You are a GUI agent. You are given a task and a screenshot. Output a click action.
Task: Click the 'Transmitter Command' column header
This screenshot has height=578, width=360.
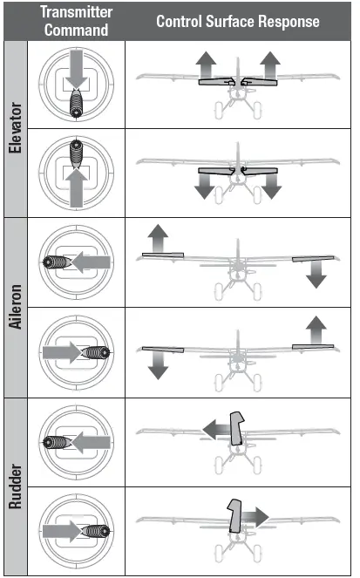[x=76, y=21]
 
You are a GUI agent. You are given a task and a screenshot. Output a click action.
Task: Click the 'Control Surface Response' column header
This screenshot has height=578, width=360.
[x=237, y=21]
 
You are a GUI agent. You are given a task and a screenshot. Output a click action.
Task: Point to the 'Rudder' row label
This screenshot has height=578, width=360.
[x=14, y=485]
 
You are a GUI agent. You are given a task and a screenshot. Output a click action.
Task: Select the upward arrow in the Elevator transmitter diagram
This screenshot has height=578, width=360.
[x=76, y=187]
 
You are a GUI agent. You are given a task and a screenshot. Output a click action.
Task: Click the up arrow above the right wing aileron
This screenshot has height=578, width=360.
[x=316, y=330]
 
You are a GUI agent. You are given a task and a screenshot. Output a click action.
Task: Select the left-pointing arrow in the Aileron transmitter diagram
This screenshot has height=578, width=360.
[x=92, y=262]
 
